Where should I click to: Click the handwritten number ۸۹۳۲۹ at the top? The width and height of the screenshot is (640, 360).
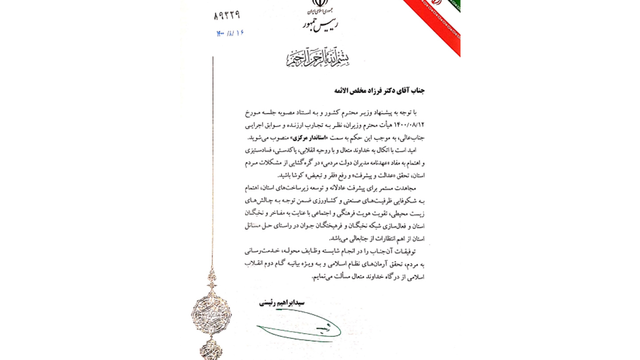pos(227,15)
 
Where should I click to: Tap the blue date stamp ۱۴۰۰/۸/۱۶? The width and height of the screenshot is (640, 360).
pos(230,33)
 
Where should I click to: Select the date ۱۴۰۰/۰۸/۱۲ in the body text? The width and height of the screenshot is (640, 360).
pos(409,125)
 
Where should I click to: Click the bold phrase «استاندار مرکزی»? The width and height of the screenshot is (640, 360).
pos(308,138)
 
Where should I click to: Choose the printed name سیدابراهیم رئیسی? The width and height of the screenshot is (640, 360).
pos(282,303)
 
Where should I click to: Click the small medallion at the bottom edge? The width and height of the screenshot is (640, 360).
pos(211,350)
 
